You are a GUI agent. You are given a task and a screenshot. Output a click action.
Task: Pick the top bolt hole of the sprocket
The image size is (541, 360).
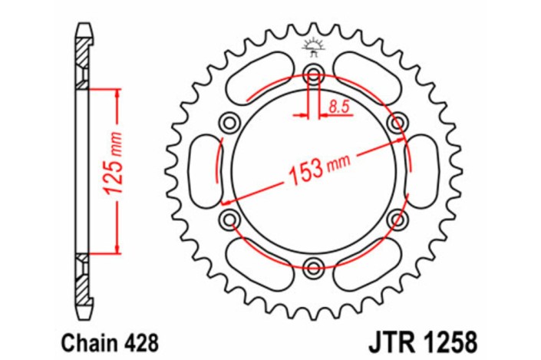point(312,74)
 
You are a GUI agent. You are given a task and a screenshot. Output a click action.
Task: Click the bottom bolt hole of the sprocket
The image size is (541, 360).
point(312,268)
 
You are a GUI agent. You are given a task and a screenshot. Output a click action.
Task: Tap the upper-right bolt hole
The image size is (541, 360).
point(397,123)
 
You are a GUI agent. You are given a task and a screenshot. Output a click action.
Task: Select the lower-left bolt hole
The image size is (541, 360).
point(229,220)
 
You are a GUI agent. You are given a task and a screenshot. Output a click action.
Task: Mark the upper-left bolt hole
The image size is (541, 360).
point(229,123)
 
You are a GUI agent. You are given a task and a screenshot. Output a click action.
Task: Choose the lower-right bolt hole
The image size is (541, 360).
point(397,220)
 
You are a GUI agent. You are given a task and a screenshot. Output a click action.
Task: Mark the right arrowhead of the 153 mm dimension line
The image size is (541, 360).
point(399,139)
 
